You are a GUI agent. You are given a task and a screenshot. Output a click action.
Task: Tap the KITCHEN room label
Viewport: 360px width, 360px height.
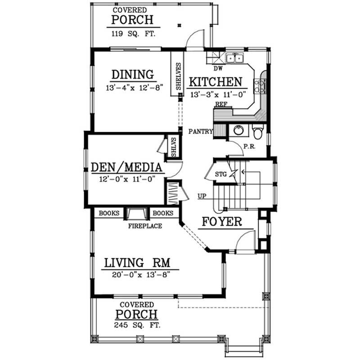[215, 82]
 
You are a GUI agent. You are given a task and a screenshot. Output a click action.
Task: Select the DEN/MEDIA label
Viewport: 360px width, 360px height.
[126, 167]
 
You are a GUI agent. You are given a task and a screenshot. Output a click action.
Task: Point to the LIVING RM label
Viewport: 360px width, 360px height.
[135, 262]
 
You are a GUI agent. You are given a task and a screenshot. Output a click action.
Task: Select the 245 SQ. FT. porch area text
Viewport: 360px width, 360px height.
[137, 325]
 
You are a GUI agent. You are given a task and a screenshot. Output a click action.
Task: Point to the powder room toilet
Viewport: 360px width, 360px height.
[258, 132]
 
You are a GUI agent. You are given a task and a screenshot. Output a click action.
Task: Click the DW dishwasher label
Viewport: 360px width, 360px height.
[218, 69]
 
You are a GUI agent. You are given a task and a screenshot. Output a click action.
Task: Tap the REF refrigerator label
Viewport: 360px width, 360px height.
[220, 104]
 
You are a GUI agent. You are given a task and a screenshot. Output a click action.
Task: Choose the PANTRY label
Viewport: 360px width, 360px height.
[201, 131]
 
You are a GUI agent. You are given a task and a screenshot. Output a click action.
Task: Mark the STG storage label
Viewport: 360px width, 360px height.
[220, 174]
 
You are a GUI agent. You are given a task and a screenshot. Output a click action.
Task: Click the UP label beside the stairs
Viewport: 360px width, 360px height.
[202, 196]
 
